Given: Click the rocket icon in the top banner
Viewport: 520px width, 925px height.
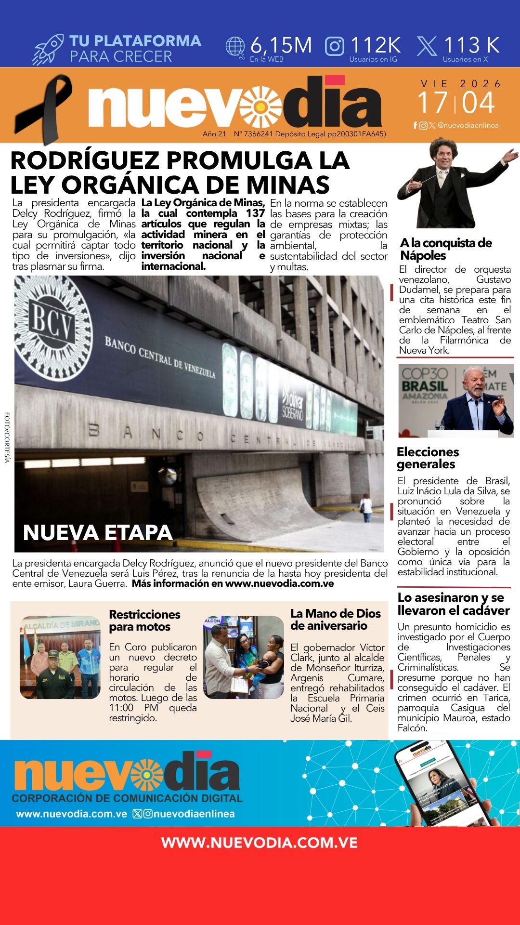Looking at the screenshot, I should click(48, 49).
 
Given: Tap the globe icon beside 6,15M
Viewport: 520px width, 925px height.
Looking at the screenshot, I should click(235, 47).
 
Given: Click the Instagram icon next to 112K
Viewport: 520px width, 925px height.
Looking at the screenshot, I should click(335, 46).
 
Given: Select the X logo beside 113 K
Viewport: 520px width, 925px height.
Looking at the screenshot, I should click(427, 46).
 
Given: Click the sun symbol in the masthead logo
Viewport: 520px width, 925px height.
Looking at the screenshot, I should click(262, 107).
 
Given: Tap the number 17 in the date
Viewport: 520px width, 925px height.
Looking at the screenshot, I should click(432, 103).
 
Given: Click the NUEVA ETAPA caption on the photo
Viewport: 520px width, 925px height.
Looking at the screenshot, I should click(98, 533).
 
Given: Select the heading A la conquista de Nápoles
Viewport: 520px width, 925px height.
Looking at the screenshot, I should click(446, 249).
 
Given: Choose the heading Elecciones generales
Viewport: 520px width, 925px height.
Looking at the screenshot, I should click(428, 458).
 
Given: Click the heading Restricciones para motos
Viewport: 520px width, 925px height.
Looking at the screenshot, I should click(144, 621).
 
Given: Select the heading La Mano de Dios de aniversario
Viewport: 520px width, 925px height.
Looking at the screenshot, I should click(336, 620).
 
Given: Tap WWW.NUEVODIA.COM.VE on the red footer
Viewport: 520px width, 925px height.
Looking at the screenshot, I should click(260, 843).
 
